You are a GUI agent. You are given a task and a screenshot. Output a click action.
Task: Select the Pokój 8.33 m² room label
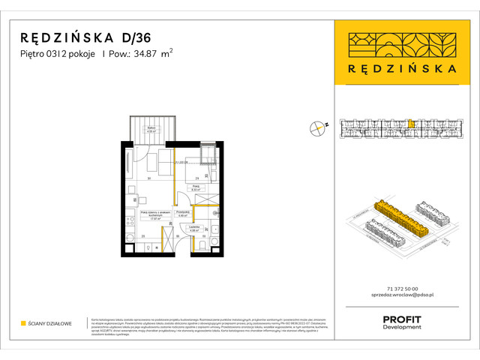pos(195,188)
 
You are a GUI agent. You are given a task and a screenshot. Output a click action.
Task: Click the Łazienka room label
pos(194,229)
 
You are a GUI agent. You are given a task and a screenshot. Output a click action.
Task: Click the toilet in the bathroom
pos(202,244)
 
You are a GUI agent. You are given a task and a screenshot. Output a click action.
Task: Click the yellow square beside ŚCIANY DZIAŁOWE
pos(23,324)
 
